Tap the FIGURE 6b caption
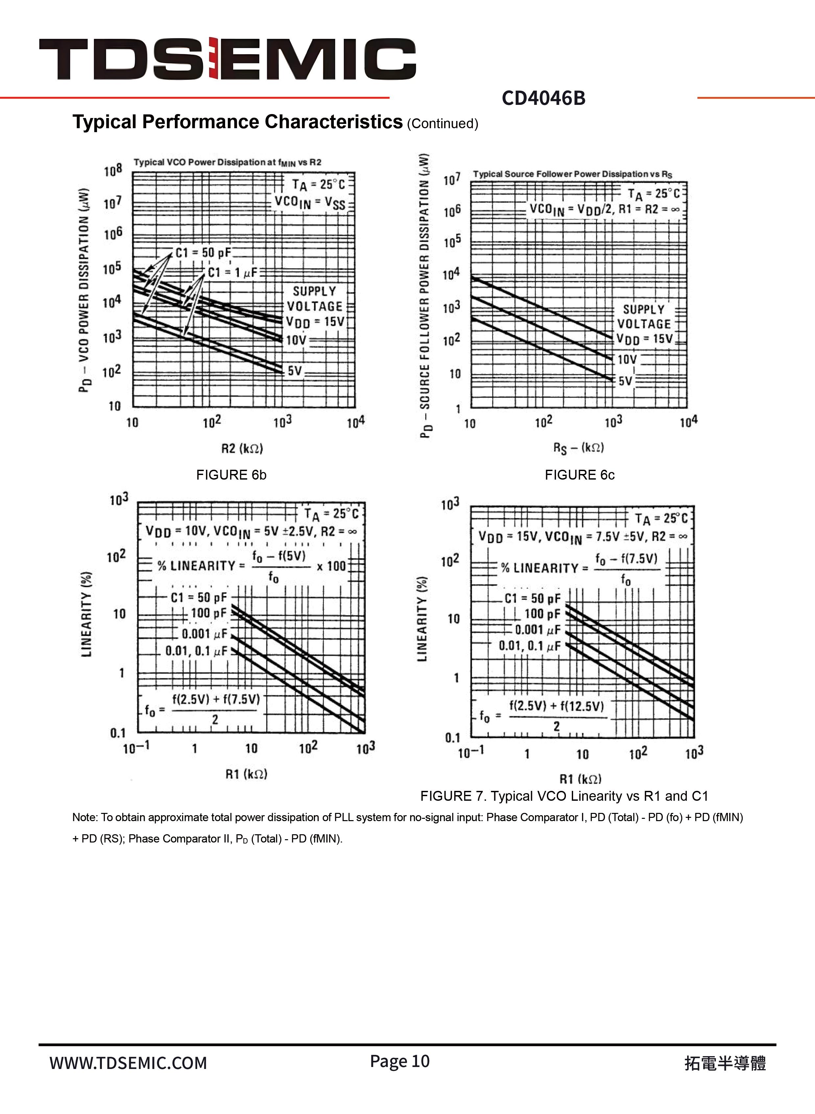click(x=231, y=475)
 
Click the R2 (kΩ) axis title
click(x=242, y=448)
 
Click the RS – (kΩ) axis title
click(x=578, y=447)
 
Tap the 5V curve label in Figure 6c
click(x=625, y=380)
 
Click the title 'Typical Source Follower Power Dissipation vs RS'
click(x=572, y=174)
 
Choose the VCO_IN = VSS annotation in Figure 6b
click(x=310, y=202)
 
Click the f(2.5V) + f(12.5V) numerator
click(x=556, y=705)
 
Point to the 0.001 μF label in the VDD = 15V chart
click(x=537, y=629)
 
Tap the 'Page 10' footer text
click(x=400, y=1061)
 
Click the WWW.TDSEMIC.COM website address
click(x=128, y=1063)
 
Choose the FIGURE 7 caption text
click(x=564, y=796)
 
